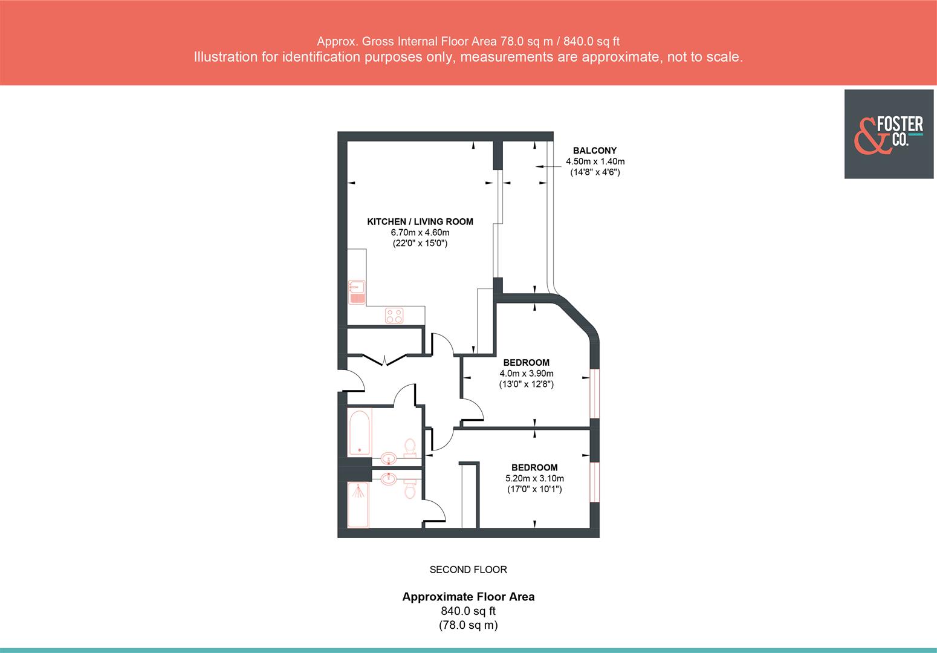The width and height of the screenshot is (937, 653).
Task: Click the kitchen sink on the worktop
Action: pos(357,291)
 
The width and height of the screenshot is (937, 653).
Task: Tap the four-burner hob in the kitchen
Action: pos(395,315)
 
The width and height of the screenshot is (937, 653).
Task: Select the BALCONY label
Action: pos(595,151)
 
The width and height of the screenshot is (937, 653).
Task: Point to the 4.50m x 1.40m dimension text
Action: pos(595,161)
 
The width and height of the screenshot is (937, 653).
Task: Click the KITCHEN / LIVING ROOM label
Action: pos(420,222)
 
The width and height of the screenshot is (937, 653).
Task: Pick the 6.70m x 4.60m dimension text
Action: pos(420,233)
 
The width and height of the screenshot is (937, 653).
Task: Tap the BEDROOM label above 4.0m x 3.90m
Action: pos(526,363)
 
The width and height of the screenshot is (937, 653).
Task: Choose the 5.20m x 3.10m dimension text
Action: pos(534,478)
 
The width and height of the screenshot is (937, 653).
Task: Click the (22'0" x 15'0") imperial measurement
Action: pos(420,244)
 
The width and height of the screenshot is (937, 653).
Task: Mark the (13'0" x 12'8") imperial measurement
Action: pos(526,384)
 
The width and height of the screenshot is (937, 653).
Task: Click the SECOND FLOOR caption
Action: pos(468,570)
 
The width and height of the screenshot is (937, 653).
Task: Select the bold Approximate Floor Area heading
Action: pos(468,597)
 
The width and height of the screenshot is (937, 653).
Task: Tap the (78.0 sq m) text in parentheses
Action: pos(468,625)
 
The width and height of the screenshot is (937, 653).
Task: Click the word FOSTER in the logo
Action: pos(900,125)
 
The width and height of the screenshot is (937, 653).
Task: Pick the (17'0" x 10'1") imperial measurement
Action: pos(534,489)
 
